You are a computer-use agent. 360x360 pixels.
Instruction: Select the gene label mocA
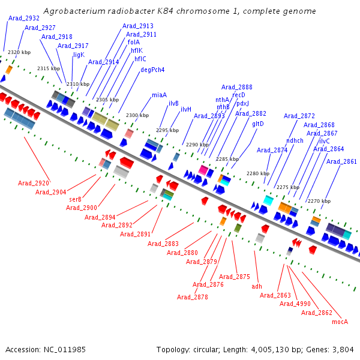coord(340,322)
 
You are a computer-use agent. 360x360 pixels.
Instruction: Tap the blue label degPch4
coord(152,70)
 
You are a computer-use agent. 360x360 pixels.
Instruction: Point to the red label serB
coord(75,199)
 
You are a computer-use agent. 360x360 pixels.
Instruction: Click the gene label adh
coord(257,286)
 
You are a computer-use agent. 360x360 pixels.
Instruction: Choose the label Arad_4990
coord(295,304)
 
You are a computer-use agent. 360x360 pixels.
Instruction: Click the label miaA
coord(159,95)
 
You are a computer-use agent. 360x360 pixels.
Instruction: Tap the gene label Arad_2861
coord(341,161)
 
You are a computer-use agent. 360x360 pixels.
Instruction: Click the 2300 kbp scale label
coord(137,115)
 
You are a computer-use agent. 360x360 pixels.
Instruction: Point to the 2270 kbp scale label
coord(318,201)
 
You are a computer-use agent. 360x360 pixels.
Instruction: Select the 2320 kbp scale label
coord(19,53)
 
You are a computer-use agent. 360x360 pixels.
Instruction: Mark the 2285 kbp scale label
coord(227,159)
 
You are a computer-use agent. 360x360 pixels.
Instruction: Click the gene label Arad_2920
coord(34,183)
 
